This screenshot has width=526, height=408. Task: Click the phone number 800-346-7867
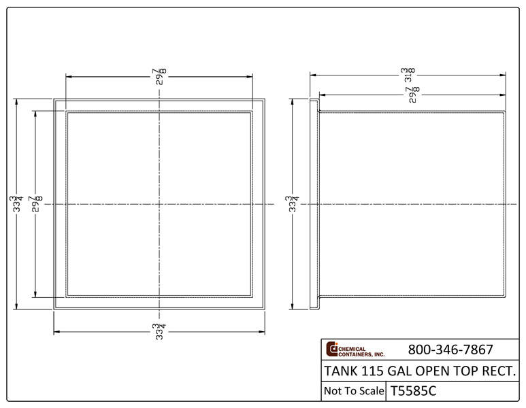pos(450,350)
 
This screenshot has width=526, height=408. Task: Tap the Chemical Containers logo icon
pos(332,348)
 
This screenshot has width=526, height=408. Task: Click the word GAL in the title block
pos(402,371)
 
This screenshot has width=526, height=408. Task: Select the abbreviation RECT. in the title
pos(502,371)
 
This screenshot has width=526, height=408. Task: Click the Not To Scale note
pos(352,391)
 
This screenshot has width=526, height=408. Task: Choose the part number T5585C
pos(413,391)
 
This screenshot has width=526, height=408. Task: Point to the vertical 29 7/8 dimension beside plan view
pos(35,204)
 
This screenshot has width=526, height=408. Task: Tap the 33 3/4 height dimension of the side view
pos(293,204)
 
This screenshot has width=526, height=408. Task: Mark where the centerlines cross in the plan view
pos(159,204)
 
